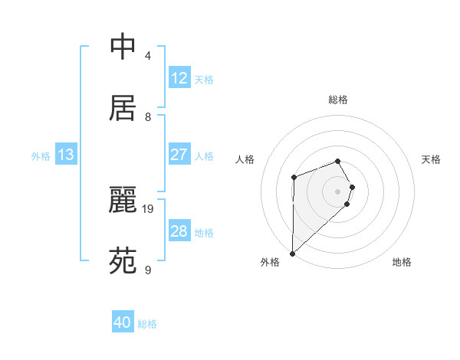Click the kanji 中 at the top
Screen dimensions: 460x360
point(123,47)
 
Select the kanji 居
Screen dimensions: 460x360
point(123,108)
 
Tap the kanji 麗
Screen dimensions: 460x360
point(123,201)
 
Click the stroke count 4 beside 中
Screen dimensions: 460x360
point(148,56)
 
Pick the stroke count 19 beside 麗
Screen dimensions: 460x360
point(148,208)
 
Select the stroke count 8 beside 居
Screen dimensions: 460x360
point(148,117)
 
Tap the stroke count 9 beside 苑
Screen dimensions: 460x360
point(148,270)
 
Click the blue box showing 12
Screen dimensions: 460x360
point(179,78)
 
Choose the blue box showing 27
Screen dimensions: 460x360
point(179,155)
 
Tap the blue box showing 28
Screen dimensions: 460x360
point(179,231)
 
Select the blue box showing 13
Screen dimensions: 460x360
point(66,155)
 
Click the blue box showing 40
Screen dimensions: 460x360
point(123,322)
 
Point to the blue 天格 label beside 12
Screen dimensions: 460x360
point(204,79)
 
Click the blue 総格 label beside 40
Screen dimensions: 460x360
point(147,323)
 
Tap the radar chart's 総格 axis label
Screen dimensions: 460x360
point(338,100)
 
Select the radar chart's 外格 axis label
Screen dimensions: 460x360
point(270,262)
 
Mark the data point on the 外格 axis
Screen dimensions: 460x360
point(292,254)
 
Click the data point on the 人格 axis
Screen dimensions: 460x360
point(294,178)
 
